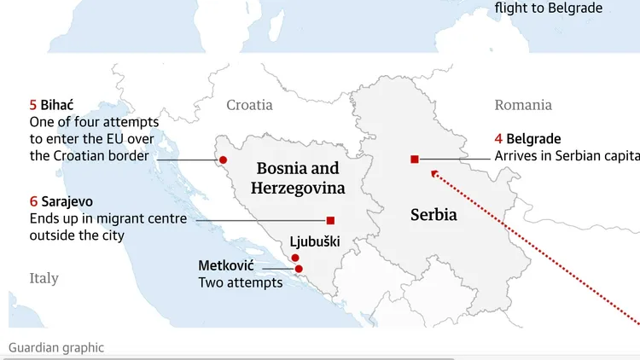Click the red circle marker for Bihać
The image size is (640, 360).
pyautogui.click(x=223, y=160)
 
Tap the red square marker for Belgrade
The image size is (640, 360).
pyautogui.click(x=414, y=159)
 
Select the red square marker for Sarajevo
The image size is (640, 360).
pyautogui.click(x=330, y=220)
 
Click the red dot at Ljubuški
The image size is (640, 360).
pyautogui.click(x=294, y=258)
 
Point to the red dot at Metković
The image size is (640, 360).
pyautogui.click(x=299, y=269)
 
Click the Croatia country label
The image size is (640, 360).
pyautogui.click(x=249, y=105)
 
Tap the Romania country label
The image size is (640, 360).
pyautogui.click(x=523, y=105)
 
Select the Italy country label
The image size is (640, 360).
pyautogui.click(x=44, y=278)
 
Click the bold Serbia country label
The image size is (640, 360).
pyautogui.click(x=433, y=215)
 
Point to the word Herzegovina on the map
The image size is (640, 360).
pyautogui.click(x=298, y=189)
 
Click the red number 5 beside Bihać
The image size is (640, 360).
pyautogui.click(x=33, y=105)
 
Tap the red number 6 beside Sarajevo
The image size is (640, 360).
pyautogui.click(x=33, y=201)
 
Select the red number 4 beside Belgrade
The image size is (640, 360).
pyautogui.click(x=498, y=138)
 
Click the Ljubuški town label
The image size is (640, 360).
pyautogui.click(x=315, y=242)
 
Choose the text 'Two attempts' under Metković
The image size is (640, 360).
pyautogui.click(x=240, y=282)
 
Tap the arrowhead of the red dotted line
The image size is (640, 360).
pyautogui.click(x=434, y=173)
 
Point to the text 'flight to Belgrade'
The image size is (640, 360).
pyautogui.click(x=548, y=8)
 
